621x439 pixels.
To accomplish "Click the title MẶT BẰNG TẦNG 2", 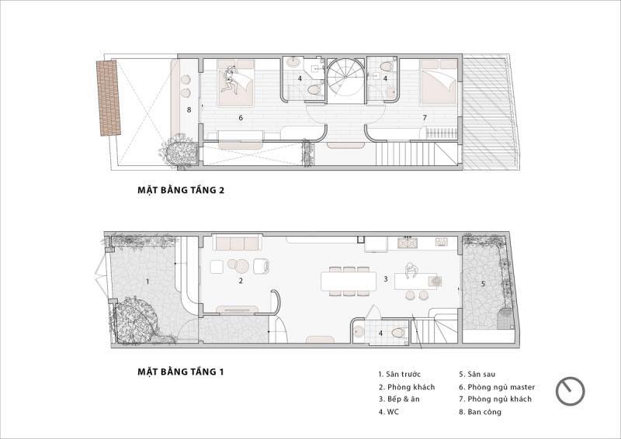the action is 181,190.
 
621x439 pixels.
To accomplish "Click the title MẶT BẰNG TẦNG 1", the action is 181,372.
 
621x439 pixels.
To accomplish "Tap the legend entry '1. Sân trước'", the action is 399,374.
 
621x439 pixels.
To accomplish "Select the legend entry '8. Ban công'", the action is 480,412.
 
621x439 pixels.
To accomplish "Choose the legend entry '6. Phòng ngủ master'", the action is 497,387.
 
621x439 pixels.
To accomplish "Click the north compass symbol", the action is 571,391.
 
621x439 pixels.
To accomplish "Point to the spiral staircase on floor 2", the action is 344,81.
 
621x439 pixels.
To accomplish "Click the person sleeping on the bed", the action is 230,80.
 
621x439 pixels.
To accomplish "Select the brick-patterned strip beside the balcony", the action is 109,98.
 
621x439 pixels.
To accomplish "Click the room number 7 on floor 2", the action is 425,118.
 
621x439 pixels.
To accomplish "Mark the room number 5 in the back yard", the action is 483,283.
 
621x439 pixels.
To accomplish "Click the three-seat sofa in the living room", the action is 237,242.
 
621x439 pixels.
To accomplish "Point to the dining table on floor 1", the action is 349,281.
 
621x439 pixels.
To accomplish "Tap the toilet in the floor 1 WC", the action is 399,332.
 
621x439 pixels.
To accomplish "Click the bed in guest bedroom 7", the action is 439,82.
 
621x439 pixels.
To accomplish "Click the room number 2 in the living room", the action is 241,281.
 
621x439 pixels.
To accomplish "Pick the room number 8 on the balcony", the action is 189,109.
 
